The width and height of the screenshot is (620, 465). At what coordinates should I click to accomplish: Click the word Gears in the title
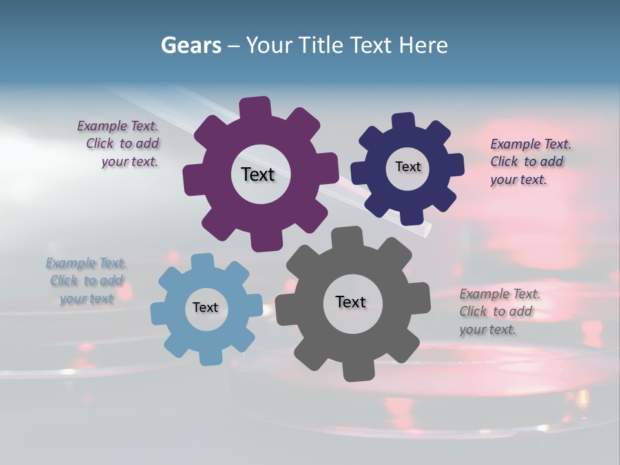click(191, 45)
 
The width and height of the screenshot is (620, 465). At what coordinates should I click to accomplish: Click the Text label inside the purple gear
click(258, 174)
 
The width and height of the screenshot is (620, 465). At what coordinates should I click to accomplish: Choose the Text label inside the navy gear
click(408, 167)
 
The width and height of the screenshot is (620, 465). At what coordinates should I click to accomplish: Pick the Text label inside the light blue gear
click(205, 308)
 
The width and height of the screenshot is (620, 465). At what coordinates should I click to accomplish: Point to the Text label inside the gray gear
click(351, 302)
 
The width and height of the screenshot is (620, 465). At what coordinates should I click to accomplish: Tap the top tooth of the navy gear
click(404, 121)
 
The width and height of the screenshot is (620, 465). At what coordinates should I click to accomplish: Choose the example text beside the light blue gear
click(87, 281)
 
